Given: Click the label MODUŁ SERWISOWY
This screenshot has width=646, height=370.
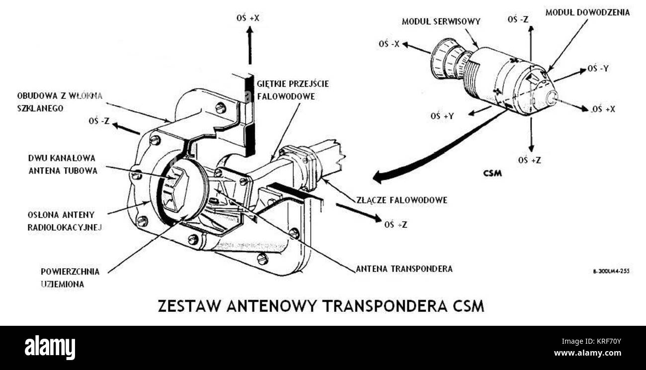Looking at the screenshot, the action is click(x=441, y=22).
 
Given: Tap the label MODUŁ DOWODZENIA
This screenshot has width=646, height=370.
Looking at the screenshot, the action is click(x=587, y=13).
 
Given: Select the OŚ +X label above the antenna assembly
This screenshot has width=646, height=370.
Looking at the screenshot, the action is click(x=248, y=18).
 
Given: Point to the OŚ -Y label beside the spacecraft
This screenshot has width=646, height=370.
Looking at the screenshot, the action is click(x=598, y=69).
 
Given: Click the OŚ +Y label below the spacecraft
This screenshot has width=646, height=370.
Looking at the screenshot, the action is click(x=442, y=116).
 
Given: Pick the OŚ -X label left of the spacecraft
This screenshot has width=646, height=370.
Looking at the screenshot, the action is click(x=389, y=44).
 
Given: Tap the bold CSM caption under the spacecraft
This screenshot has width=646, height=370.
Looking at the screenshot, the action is click(x=492, y=173).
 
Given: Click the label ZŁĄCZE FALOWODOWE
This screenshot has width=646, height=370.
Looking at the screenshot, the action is click(x=402, y=200).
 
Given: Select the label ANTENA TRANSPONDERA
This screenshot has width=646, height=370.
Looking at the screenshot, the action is click(x=404, y=269).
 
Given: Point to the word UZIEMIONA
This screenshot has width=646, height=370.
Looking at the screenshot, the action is click(x=62, y=285).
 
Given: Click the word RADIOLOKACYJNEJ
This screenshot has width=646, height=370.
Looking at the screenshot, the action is click(x=65, y=227).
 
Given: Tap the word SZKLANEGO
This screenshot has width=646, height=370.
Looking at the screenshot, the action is click(x=40, y=109).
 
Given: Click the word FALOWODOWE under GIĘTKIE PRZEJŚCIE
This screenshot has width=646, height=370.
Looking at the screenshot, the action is click(x=286, y=96).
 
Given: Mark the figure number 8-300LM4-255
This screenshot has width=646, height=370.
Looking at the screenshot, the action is click(x=611, y=272).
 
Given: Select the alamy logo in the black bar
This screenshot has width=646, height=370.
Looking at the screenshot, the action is click(x=50, y=347).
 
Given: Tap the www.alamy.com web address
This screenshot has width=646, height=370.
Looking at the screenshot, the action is click(x=587, y=353).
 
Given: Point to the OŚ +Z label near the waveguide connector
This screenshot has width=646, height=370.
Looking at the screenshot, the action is click(x=396, y=224).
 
